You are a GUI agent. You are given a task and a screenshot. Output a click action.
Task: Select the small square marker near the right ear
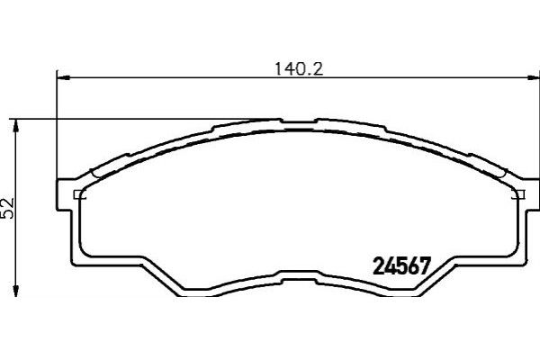pyautogui.click(x=516, y=194)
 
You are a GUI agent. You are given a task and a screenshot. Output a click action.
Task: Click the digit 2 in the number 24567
pyautogui.click(x=378, y=266)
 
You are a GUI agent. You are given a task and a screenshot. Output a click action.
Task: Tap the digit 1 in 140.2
pyautogui.click(x=277, y=67)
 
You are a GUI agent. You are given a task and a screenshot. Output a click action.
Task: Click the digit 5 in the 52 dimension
pyautogui.click(x=9, y=214)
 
